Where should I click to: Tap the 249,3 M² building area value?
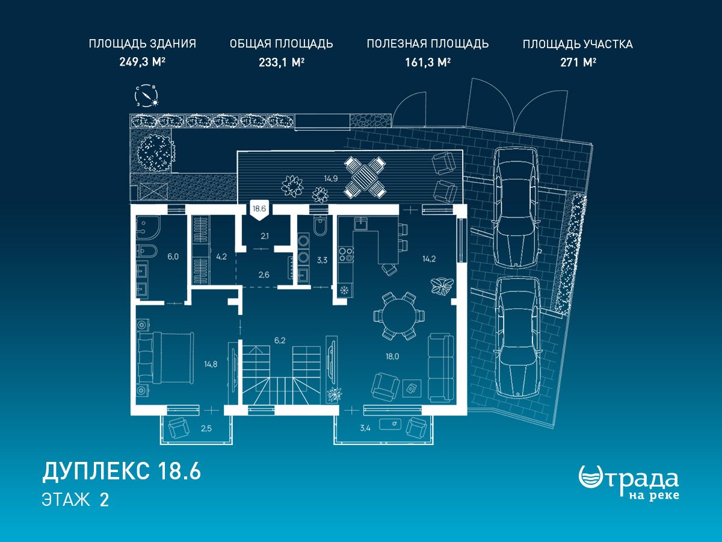coord(142,62)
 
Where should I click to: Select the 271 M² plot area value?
coord(578,62)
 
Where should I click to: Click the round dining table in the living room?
coord(399,316)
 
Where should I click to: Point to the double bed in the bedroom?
coord(165,358)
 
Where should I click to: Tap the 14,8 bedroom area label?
coord(211,364)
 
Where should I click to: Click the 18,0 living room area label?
coord(392,356)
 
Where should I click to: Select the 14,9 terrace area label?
coord(330,179)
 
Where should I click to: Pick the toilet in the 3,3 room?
coord(320,225)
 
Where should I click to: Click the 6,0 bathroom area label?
coord(173,257)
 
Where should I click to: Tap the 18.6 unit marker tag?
coord(259,211)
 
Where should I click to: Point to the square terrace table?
coord(365,177)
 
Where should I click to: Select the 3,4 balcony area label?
coord(365,428)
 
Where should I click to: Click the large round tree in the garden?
coord(156,152)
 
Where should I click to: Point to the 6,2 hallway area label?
coord(280,341)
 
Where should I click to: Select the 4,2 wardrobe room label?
coord(221,257)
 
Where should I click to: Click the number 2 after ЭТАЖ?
coord(104,500)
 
